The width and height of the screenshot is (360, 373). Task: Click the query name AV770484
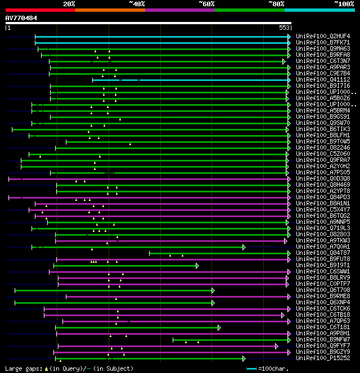click(21, 18)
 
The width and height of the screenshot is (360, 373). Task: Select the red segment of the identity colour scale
click(40, 10)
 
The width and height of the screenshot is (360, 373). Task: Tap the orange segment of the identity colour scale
click(110, 10)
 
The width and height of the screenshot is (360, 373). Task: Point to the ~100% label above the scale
click(344, 3)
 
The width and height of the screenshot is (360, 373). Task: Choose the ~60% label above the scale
click(206, 3)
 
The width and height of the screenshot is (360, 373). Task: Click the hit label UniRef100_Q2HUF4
click(324, 37)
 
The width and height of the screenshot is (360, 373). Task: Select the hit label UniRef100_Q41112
click(324, 80)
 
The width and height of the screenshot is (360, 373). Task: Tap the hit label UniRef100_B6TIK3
click(324, 129)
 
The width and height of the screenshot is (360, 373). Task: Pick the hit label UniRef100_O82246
click(324, 148)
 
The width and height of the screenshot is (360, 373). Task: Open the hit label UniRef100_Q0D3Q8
click(324, 179)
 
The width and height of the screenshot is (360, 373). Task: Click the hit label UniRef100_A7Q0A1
click(324, 247)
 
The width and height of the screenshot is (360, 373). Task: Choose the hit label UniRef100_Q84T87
click(324, 253)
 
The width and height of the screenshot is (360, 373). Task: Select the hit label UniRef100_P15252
click(324, 358)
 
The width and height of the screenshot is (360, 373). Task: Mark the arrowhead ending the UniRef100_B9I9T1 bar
click(197, 266)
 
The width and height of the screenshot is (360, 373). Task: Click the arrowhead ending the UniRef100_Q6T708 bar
click(213, 290)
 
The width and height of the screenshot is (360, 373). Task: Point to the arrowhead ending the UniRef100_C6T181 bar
click(219, 327)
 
